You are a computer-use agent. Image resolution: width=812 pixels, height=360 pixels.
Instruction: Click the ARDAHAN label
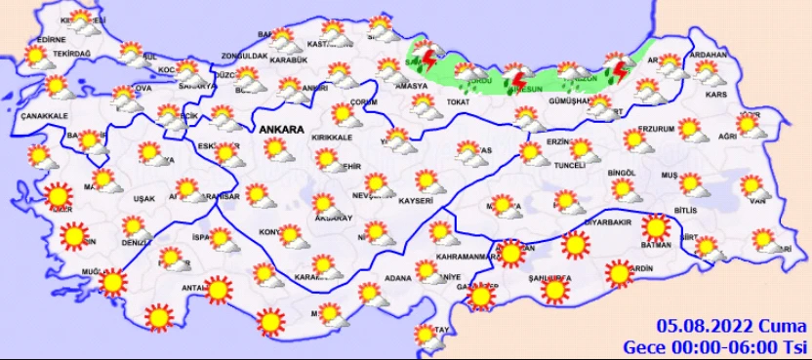pyautogui.click(x=709, y=54)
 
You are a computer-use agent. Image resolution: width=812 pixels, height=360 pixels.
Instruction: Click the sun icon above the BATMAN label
pyautogui.click(x=657, y=227)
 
